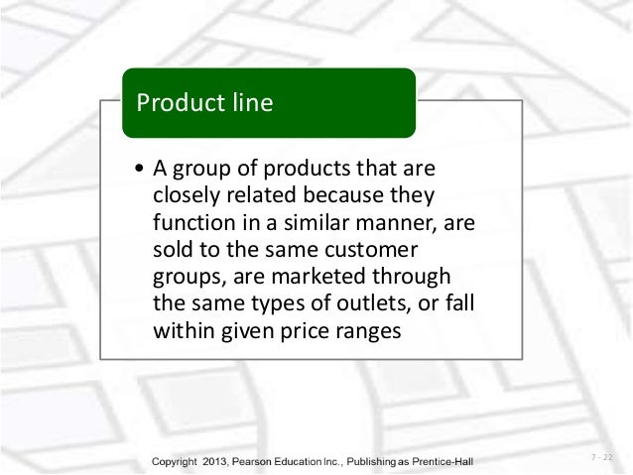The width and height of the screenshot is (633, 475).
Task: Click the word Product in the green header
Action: [180, 101]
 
